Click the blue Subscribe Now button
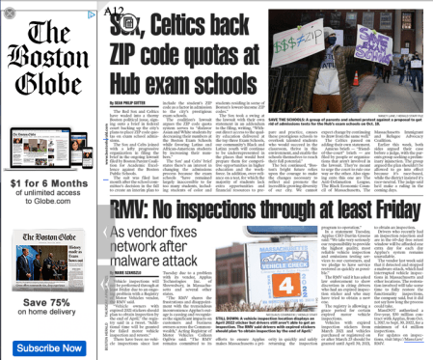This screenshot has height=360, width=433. [x=48, y=347]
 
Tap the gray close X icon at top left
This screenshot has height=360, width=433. [x=9, y=13]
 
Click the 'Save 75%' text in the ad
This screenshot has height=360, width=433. [x=48, y=300]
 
